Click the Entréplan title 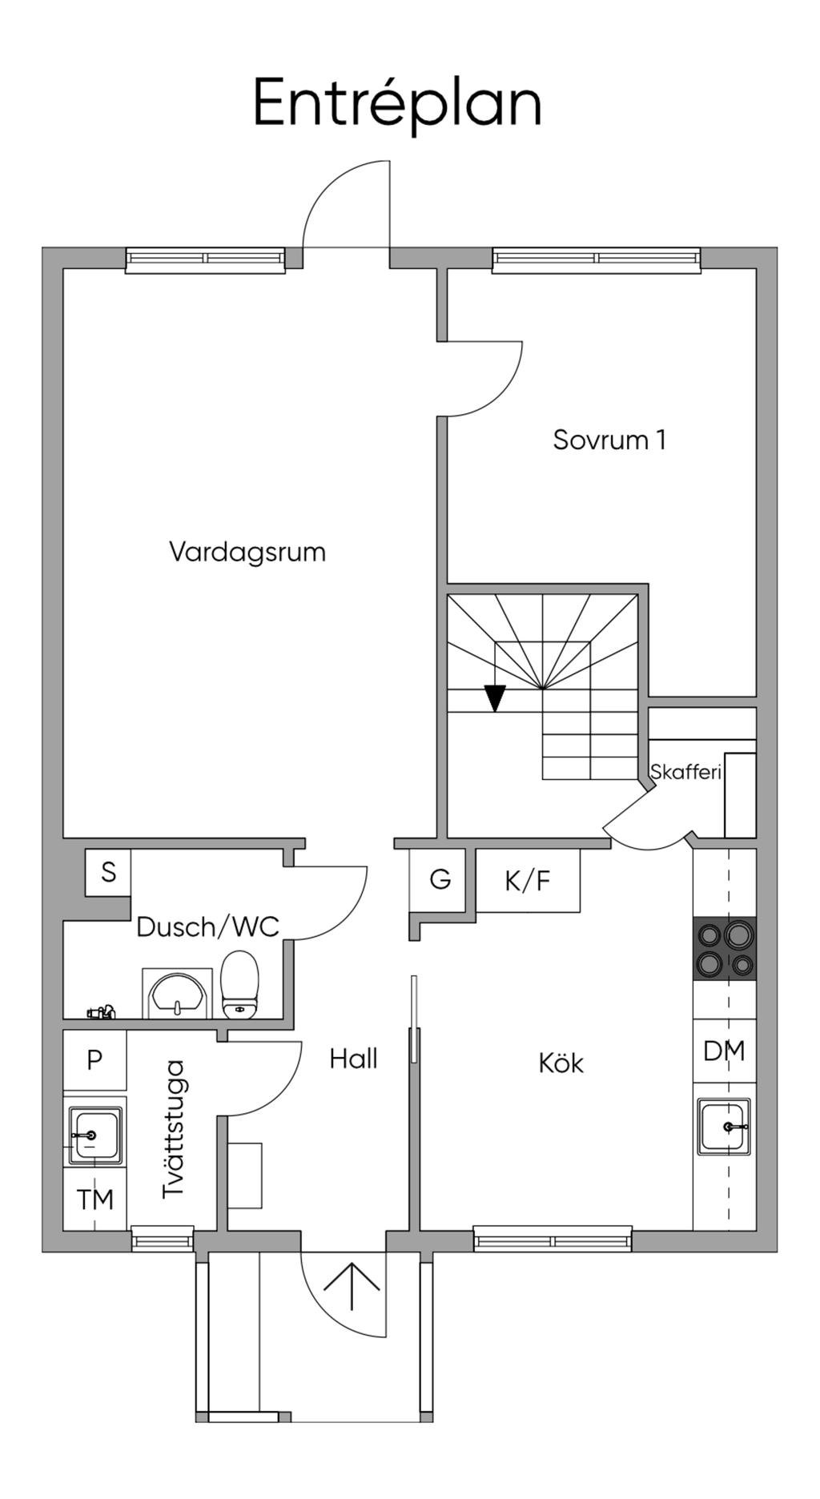click(x=397, y=104)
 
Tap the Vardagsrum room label click(x=247, y=553)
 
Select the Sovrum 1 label click(x=609, y=440)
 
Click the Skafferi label click(x=685, y=773)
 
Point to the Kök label click(x=561, y=1063)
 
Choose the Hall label click(x=353, y=1059)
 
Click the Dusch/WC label click(x=207, y=926)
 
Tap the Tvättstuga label click(x=173, y=1129)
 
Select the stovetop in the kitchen click(x=725, y=949)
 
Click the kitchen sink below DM click(x=724, y=1127)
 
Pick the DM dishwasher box click(x=724, y=1051)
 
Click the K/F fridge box click(x=529, y=880)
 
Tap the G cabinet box click(x=439, y=880)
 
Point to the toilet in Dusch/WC click(x=239, y=984)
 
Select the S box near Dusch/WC click(x=108, y=872)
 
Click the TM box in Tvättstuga click(x=94, y=1199)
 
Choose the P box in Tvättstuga click(x=94, y=1060)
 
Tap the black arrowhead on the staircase click(x=496, y=698)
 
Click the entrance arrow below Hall click(x=352, y=1285)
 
